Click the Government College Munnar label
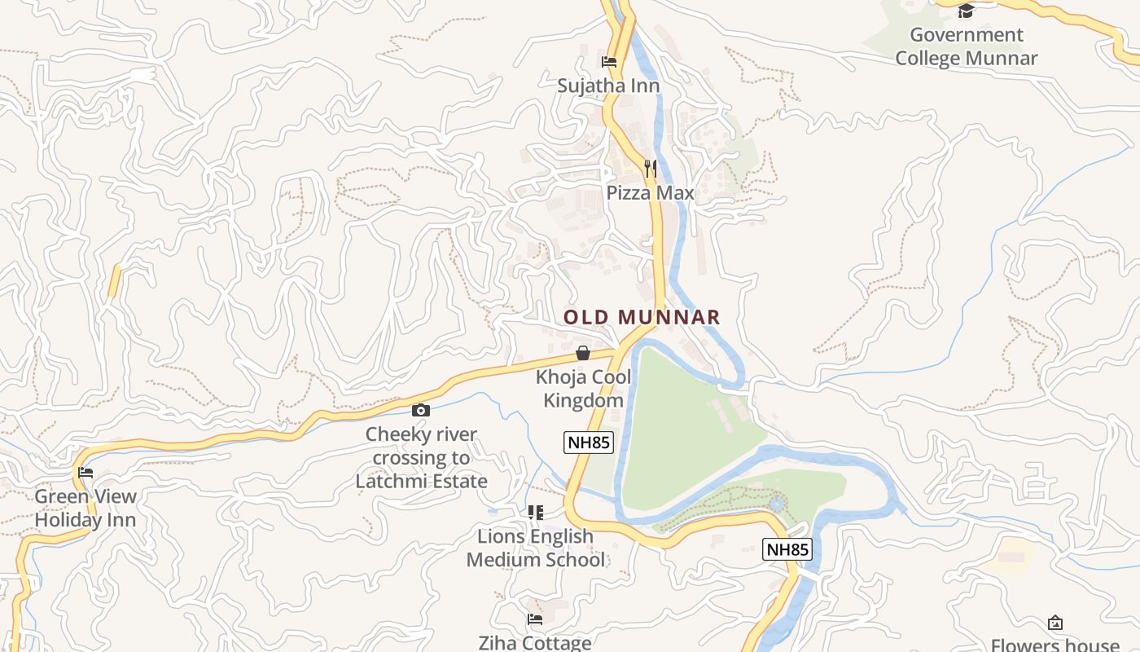tap(966, 46)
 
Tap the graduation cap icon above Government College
tap(966, 11)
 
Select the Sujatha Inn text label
tap(608, 86)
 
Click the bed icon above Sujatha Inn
tap(609, 61)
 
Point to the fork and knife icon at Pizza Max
tap(650, 169)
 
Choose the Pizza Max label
tap(650, 193)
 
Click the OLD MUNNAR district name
tap(642, 317)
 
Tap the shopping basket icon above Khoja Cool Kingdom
tap(583, 353)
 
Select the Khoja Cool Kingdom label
tap(583, 389)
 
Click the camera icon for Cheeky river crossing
tap(421, 410)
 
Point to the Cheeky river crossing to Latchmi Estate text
tap(421, 457)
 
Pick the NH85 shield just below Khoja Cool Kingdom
tap(588, 443)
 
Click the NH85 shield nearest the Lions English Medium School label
tap(787, 549)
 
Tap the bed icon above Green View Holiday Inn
tap(85, 473)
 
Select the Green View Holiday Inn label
tap(85, 508)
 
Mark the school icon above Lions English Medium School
tap(535, 513)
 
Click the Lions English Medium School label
tap(535, 548)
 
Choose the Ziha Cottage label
tap(535, 643)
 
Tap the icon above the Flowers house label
tap(1055, 623)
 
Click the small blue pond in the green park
tap(776, 504)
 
